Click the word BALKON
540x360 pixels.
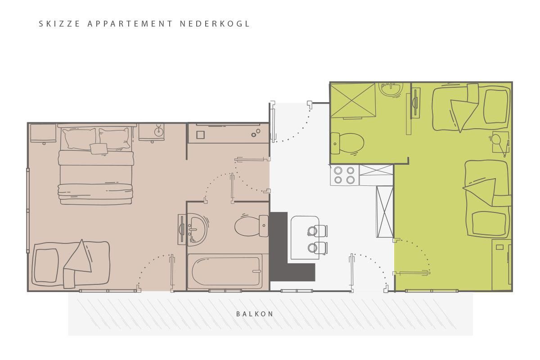tap(255, 314)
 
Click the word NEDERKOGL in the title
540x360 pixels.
tap(215, 24)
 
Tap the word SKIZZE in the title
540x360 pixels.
tap(59, 24)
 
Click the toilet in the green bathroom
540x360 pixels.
tap(347, 144)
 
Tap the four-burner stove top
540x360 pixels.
tap(344, 175)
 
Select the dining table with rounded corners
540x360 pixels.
tap(305, 238)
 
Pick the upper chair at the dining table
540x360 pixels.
tap(317, 231)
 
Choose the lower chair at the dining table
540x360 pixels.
tap(318, 248)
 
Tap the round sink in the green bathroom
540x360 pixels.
tap(391, 89)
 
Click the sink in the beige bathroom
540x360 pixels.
tap(197, 229)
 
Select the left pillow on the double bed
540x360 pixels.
tap(79, 139)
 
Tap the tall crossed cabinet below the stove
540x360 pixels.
tap(385, 211)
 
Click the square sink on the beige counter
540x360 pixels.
tap(200, 135)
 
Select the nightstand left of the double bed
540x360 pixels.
tap(43, 133)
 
